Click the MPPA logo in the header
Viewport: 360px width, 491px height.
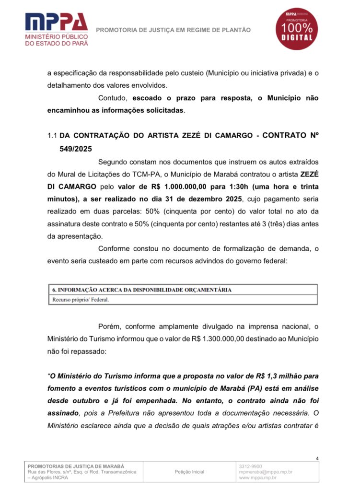tap(57, 29)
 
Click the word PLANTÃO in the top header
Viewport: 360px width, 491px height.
tap(237, 30)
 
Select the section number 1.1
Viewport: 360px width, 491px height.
tap(52, 136)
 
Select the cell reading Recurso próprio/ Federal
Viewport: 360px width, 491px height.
tap(81, 300)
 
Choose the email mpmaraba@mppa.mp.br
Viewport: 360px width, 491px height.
tap(266, 472)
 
